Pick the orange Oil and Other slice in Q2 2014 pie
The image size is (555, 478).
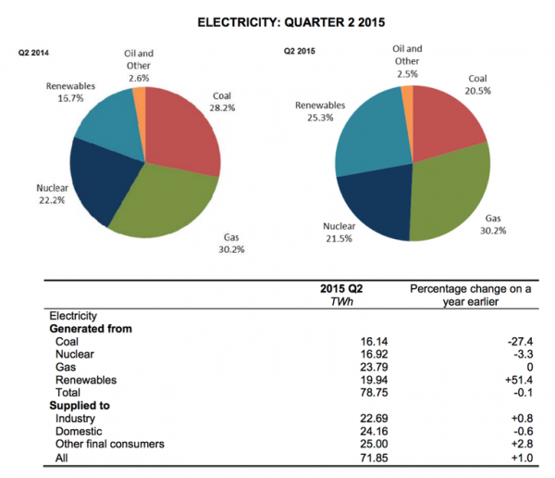(140, 96)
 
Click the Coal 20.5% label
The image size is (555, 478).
(477, 85)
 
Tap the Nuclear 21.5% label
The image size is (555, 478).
(340, 232)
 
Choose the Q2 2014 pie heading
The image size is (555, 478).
(33, 54)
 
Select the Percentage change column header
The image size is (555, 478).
(471, 295)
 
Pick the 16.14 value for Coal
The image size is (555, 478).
(373, 341)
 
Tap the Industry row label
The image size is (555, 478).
(77, 418)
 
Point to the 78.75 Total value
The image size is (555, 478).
(373, 393)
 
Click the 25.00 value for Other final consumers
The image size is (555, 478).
(373, 444)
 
